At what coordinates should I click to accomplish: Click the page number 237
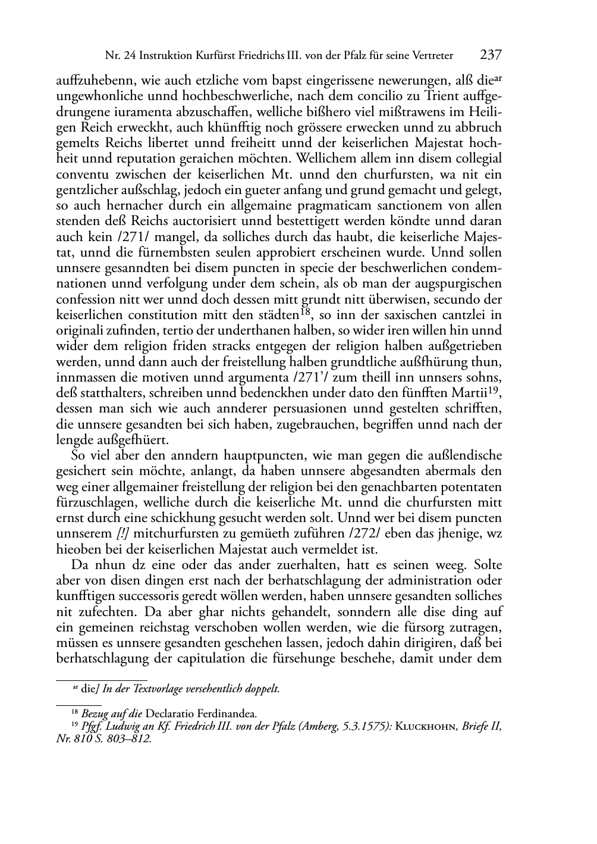[x=491, y=55]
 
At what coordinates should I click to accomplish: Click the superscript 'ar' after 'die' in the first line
[x=497, y=77]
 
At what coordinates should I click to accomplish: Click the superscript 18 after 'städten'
[x=306, y=311]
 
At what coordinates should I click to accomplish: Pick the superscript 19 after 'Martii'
[x=495, y=390]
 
